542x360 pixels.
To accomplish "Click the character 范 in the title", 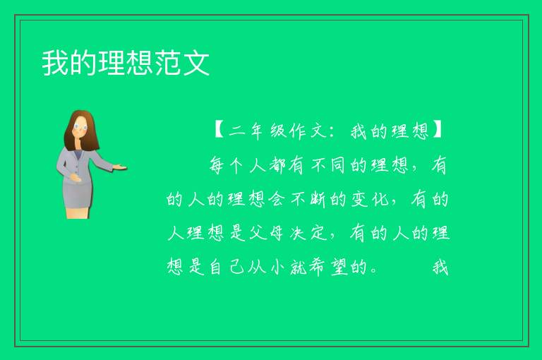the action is click(167, 63).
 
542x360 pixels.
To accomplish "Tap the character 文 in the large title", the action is click(196, 63).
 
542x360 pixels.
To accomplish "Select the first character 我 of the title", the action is click(55, 63).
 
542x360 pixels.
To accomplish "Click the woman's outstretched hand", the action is click(119, 168).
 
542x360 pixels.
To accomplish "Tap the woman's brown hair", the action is click(82, 131).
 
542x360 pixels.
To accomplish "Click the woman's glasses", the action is click(80, 127).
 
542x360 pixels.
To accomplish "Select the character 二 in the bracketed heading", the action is click(237, 131).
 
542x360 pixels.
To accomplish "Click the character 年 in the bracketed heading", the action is click(257, 131).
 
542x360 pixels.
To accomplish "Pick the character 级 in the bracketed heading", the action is click(278, 131).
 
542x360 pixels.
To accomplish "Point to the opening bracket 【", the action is click(219, 131).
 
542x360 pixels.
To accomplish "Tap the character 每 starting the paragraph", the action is click(217, 165).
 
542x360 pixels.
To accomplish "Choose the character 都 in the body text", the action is click(277, 165).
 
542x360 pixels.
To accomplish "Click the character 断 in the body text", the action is click(318, 199).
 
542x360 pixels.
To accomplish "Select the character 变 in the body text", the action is click(359, 199).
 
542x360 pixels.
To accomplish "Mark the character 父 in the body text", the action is click(258, 233).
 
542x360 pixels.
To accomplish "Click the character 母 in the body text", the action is click(277, 233).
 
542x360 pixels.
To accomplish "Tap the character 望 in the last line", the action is click(339, 268).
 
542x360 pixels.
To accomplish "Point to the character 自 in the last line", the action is click(216, 268).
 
